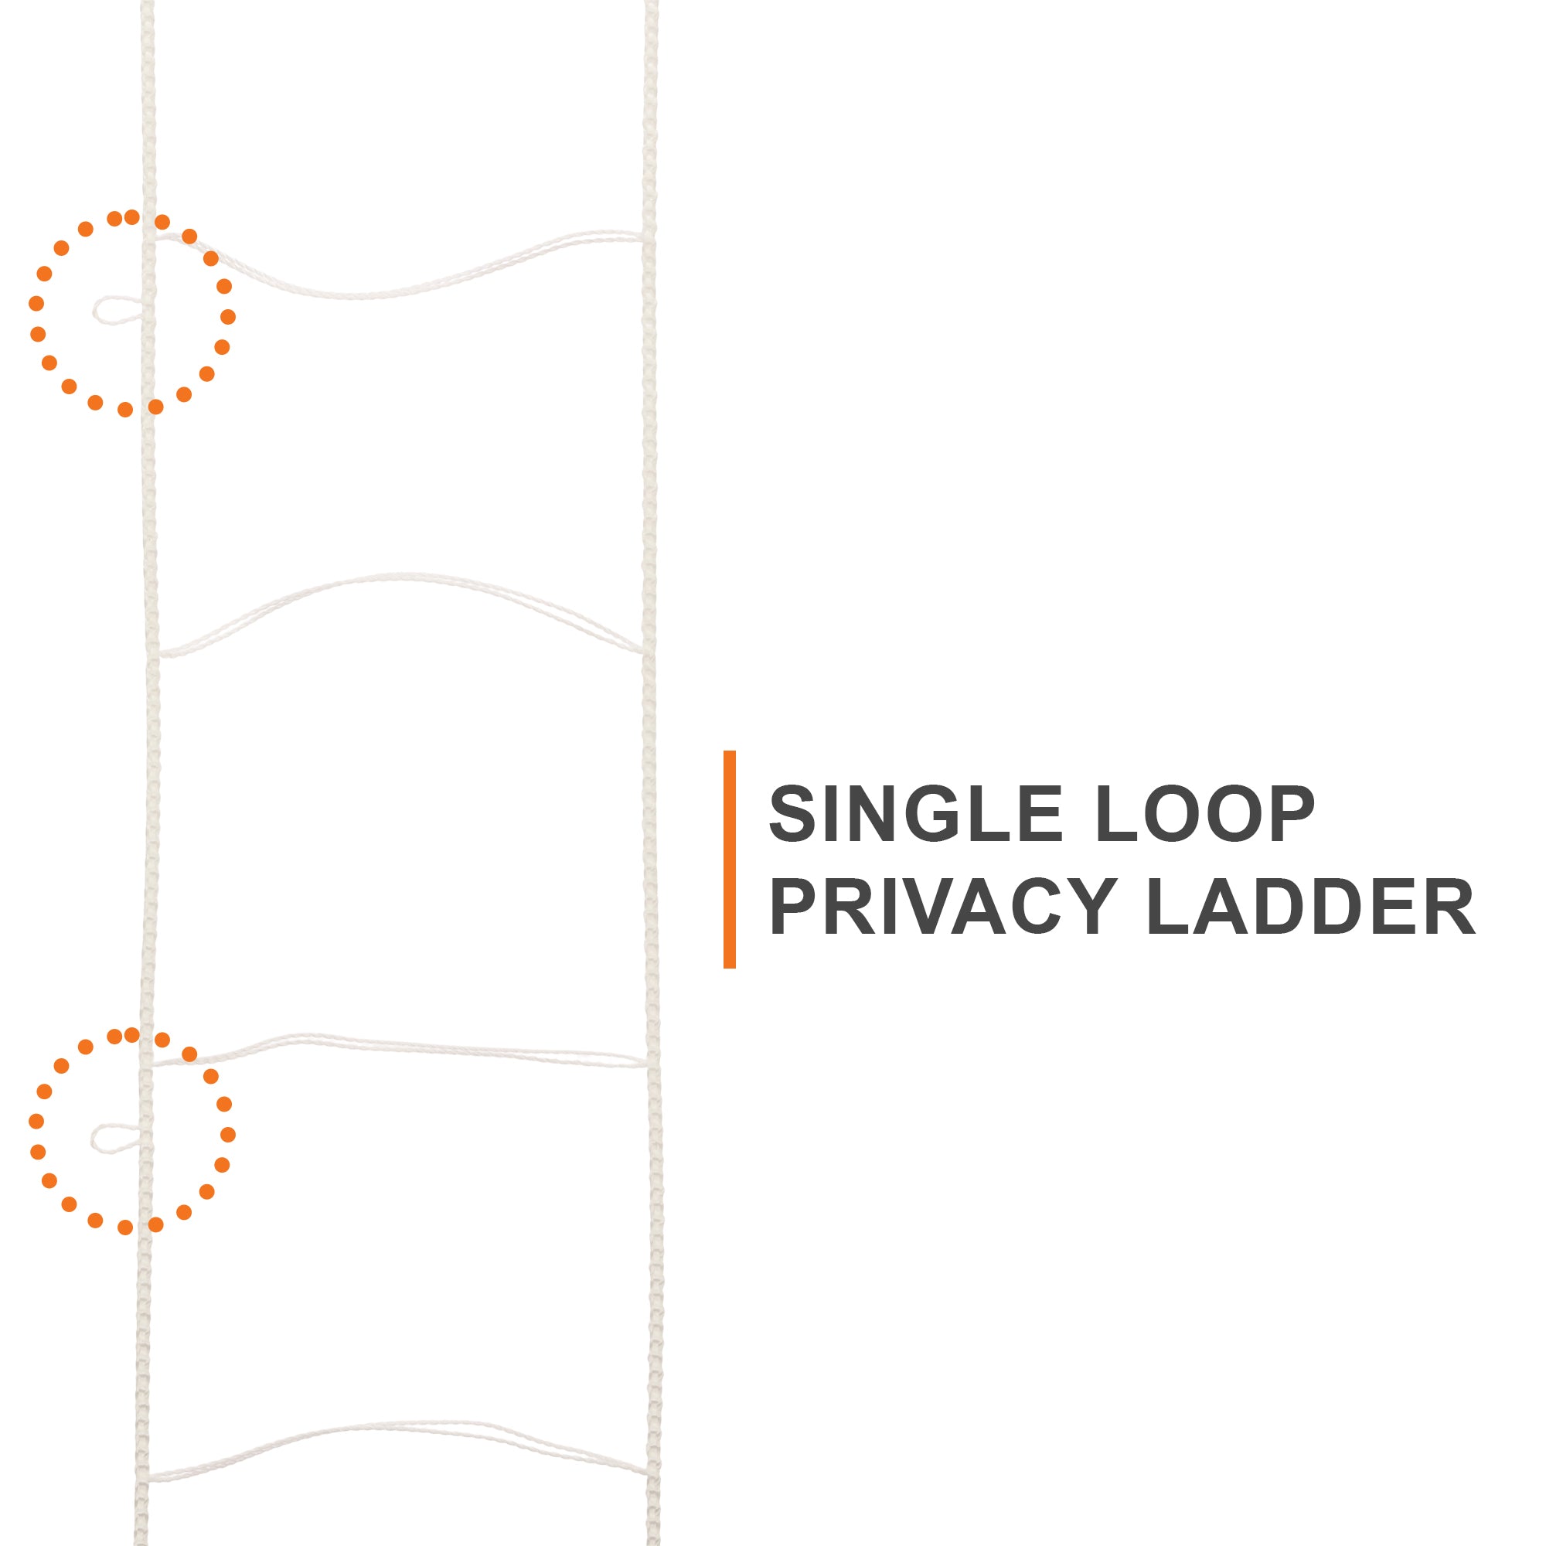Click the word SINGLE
pyautogui.click(x=915, y=813)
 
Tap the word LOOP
pyautogui.click(x=1205, y=813)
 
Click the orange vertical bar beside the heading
pyautogui.click(x=729, y=860)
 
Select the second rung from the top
pyautogui.click(x=401, y=615)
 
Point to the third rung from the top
pyautogui.click(x=399, y=1050)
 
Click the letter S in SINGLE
pyautogui.click(x=793, y=813)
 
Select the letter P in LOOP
pyautogui.click(x=1290, y=813)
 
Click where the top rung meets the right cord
pyautogui.click(x=645, y=237)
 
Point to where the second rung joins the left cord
pyautogui.click(x=158, y=655)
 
